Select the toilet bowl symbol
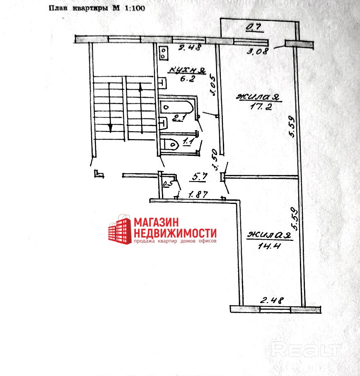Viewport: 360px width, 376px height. tap(171, 144)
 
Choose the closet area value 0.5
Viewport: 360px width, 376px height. tap(167, 184)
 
